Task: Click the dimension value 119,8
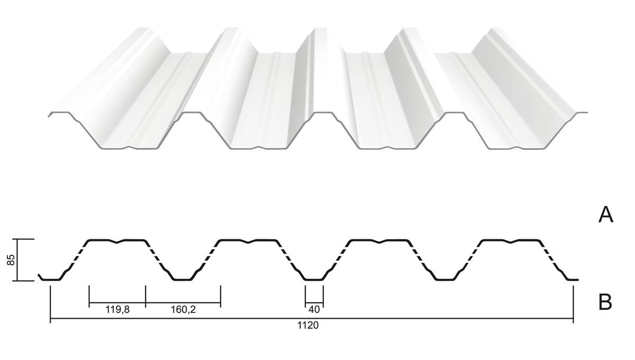pyautogui.click(x=117, y=310)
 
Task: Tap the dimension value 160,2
pyautogui.click(x=183, y=310)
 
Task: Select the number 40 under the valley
pyautogui.click(x=314, y=310)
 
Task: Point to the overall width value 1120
pyautogui.click(x=308, y=325)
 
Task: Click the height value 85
pyautogui.click(x=11, y=260)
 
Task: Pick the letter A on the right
pyautogui.click(x=606, y=215)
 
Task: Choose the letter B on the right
pyautogui.click(x=605, y=302)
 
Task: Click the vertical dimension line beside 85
pyautogui.click(x=17, y=260)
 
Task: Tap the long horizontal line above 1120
pyautogui.click(x=312, y=318)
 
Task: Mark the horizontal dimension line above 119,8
pyautogui.click(x=117, y=303)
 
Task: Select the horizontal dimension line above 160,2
pyautogui.click(x=183, y=303)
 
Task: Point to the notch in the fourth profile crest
pyautogui.click(x=511, y=242)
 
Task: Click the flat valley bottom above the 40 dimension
pyautogui.click(x=314, y=280)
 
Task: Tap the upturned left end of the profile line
pyautogui.click(x=40, y=276)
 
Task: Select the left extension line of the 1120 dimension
pyautogui.click(x=50, y=304)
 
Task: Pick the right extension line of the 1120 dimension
pyautogui.click(x=574, y=304)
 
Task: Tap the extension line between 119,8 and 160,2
pyautogui.click(x=146, y=296)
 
